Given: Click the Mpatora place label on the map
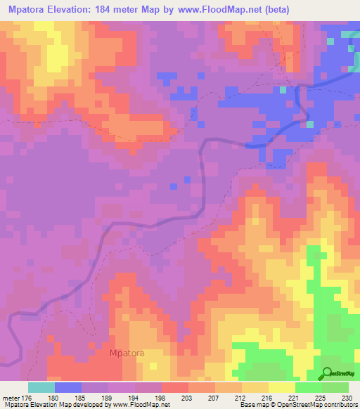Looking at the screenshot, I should (127, 353).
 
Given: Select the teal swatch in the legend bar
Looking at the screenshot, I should (41, 387).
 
